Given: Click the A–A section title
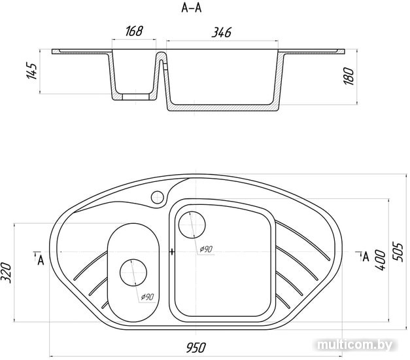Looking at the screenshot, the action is coord(192,8).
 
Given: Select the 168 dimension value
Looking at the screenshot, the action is coord(134,31).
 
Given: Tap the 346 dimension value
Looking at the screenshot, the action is coord(222,33).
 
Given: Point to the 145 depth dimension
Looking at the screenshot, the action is coord(32,71).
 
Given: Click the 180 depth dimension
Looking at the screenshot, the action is coord(349,76).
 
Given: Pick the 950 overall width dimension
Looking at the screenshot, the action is coord(196,348).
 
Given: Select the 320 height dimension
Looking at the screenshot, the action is coord(7,272).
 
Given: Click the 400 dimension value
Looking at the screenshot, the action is coord(380,261).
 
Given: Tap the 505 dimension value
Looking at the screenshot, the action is coord(398,252).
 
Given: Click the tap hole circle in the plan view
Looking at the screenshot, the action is coord(158,197).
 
